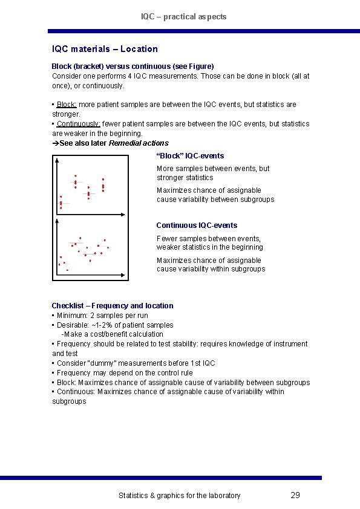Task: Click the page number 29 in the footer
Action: point(295,495)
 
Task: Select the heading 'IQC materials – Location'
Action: point(105,49)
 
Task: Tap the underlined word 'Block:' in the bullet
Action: point(67,105)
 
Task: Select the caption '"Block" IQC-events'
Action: point(190,156)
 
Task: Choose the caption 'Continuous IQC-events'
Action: point(197,225)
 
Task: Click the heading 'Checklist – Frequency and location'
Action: point(113,306)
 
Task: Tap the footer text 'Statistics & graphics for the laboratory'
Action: point(179,496)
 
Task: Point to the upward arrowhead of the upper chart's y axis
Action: point(56,161)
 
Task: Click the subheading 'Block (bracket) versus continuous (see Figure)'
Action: point(133,66)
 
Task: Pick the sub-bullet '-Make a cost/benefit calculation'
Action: point(112,334)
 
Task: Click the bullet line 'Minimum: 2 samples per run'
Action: point(102,316)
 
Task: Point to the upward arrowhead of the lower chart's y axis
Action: point(56,221)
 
